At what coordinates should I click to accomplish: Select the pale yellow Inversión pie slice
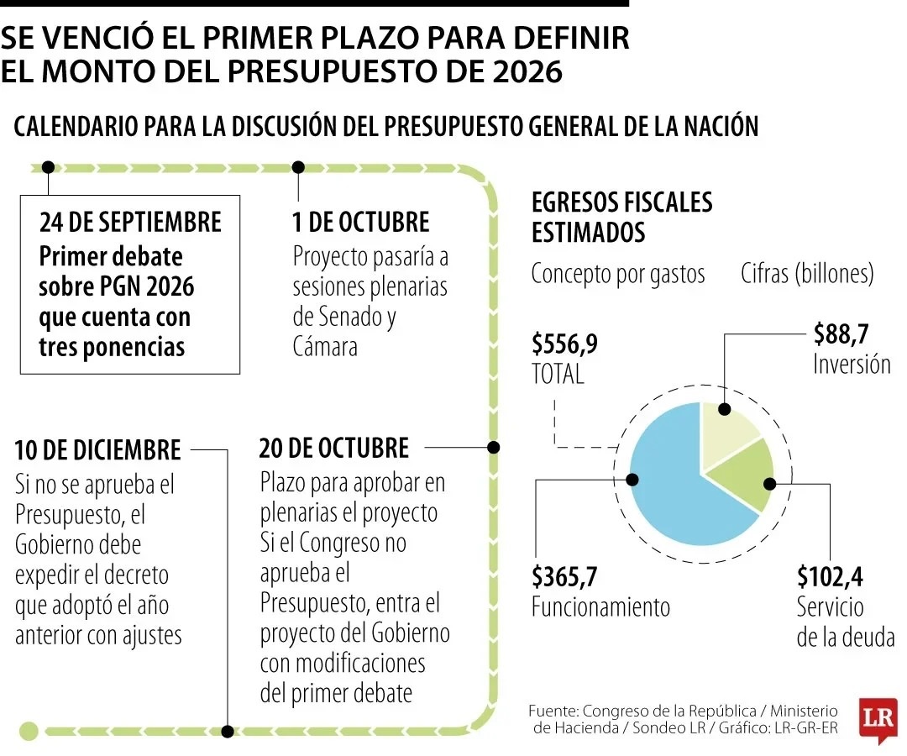click(729, 433)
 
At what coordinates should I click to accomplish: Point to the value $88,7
click(841, 334)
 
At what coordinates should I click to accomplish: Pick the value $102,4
click(830, 577)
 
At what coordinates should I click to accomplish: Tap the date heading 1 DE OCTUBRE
click(360, 222)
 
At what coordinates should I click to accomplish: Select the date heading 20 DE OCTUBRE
click(334, 448)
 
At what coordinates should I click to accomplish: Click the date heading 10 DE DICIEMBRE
click(97, 449)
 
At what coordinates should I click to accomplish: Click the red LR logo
click(878, 719)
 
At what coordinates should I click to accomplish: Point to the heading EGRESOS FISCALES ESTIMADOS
click(621, 217)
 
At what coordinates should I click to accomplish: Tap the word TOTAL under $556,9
click(558, 375)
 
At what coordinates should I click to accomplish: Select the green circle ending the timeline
click(29, 731)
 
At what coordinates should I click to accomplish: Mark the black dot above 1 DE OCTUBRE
click(297, 166)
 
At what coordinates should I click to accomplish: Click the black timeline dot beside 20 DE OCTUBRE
click(494, 448)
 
